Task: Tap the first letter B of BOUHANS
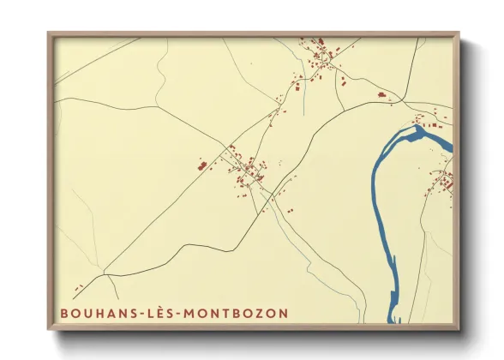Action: (x=63, y=313)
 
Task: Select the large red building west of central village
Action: (x=203, y=165)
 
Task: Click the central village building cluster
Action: (x=249, y=169)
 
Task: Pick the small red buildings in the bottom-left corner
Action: (x=78, y=288)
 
